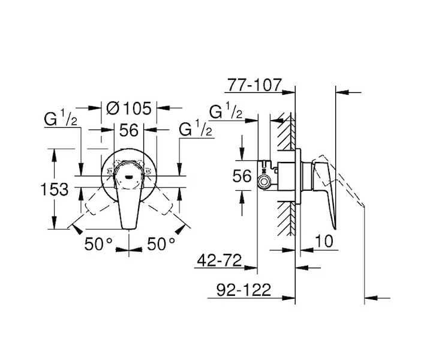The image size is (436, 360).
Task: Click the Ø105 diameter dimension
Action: point(129,108)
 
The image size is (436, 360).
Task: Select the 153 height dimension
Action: point(54,189)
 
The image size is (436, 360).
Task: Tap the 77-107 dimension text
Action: point(254,85)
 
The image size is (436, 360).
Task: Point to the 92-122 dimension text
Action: point(243,290)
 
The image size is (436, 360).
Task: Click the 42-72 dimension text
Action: point(219,260)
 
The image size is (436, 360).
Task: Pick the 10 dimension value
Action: point(324,241)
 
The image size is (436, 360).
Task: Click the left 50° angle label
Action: point(98,244)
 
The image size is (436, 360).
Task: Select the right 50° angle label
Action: point(161,244)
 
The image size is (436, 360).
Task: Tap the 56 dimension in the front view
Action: point(129,130)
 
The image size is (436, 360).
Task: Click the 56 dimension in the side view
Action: point(242,176)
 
